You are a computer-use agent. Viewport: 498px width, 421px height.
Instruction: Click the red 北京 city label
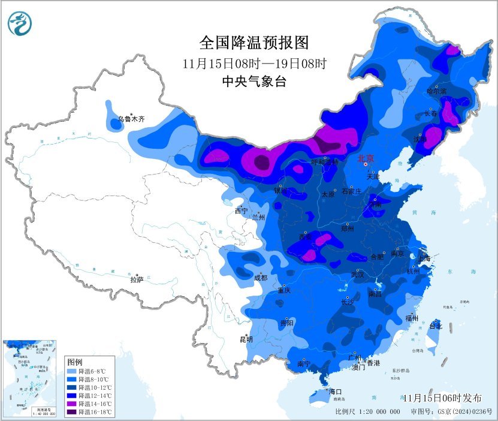coord(366,158)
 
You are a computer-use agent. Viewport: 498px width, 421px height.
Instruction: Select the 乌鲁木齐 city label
coord(131,119)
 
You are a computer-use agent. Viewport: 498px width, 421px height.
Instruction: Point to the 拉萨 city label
coord(137,279)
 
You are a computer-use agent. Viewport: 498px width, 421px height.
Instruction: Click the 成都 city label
coord(261,278)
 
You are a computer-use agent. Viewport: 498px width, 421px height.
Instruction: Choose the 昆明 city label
coord(246,339)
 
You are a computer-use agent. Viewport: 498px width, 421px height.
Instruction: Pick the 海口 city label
coord(335,391)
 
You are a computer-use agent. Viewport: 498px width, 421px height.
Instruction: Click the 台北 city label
coord(435,326)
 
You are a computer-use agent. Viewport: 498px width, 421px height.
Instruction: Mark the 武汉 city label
coord(358,275)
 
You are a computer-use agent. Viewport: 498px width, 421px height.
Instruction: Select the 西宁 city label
coord(241,211)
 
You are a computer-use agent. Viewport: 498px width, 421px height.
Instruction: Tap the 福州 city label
coord(411,318)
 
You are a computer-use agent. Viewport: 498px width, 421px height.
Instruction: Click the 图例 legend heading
coord(74,362)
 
